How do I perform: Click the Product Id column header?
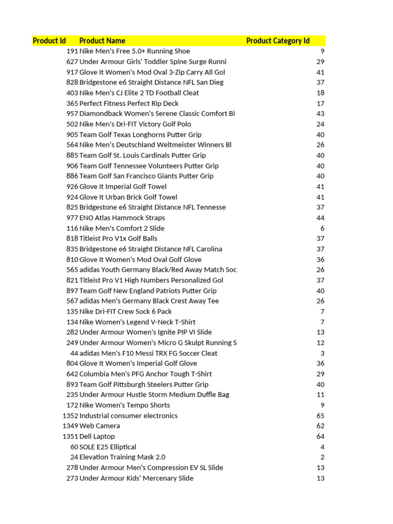click(49, 41)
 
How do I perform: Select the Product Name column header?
click(102, 41)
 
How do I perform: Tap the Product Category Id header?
click(278, 41)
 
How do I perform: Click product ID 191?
click(72, 51)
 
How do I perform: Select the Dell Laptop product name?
click(97, 436)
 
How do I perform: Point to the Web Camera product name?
click(100, 426)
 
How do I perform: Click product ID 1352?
click(70, 416)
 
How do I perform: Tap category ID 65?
click(320, 416)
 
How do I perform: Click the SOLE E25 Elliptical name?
click(108, 447)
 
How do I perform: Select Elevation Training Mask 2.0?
click(122, 457)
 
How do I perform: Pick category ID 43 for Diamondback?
click(320, 114)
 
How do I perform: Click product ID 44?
click(74, 353)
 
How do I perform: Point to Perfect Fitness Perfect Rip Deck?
click(129, 103)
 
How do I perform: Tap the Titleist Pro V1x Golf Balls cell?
click(118, 238)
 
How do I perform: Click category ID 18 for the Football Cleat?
click(320, 93)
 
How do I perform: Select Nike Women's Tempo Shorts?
click(124, 405)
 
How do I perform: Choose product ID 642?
click(72, 374)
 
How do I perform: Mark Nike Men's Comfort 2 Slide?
click(122, 228)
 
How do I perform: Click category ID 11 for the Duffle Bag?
click(321, 395)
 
